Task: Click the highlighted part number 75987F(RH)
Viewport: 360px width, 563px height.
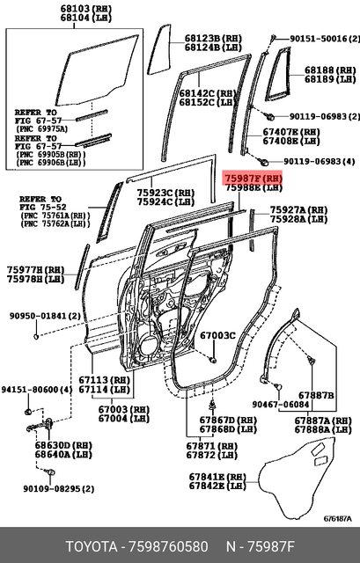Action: [x=253, y=177]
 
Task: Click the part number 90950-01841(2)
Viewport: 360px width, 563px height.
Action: [x=44, y=316]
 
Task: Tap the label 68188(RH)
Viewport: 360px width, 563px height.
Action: [x=329, y=69]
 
